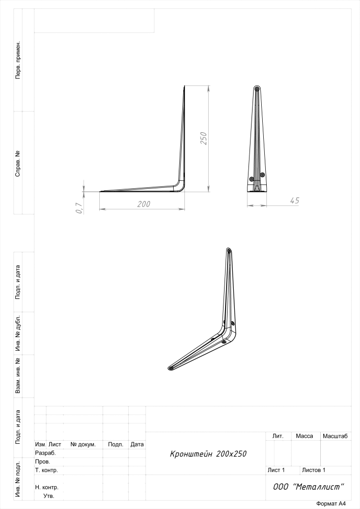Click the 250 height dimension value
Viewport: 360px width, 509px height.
pos(204,138)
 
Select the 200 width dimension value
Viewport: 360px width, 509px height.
pos(144,204)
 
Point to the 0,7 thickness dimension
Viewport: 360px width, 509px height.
pos(78,208)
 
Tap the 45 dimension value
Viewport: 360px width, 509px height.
pos(294,201)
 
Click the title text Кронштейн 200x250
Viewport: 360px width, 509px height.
pos(208,454)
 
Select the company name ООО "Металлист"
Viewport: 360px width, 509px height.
pos(309,487)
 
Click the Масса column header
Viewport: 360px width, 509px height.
pos(304,436)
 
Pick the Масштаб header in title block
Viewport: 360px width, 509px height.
pos(335,436)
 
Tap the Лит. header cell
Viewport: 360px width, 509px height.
pos(278,436)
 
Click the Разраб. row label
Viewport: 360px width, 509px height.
pos(45,453)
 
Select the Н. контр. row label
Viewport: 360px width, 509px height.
pos(47,487)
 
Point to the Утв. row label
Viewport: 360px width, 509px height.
pos(49,496)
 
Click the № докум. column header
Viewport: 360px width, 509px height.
pos(83,444)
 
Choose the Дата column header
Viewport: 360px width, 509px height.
pos(137,444)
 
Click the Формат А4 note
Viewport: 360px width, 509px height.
pos(331,504)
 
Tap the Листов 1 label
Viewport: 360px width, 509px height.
pos(314,470)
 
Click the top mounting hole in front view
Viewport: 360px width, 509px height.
pos(257,88)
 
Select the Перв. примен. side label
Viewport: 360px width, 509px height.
pos(18,60)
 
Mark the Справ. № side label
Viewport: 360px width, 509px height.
pos(18,163)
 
